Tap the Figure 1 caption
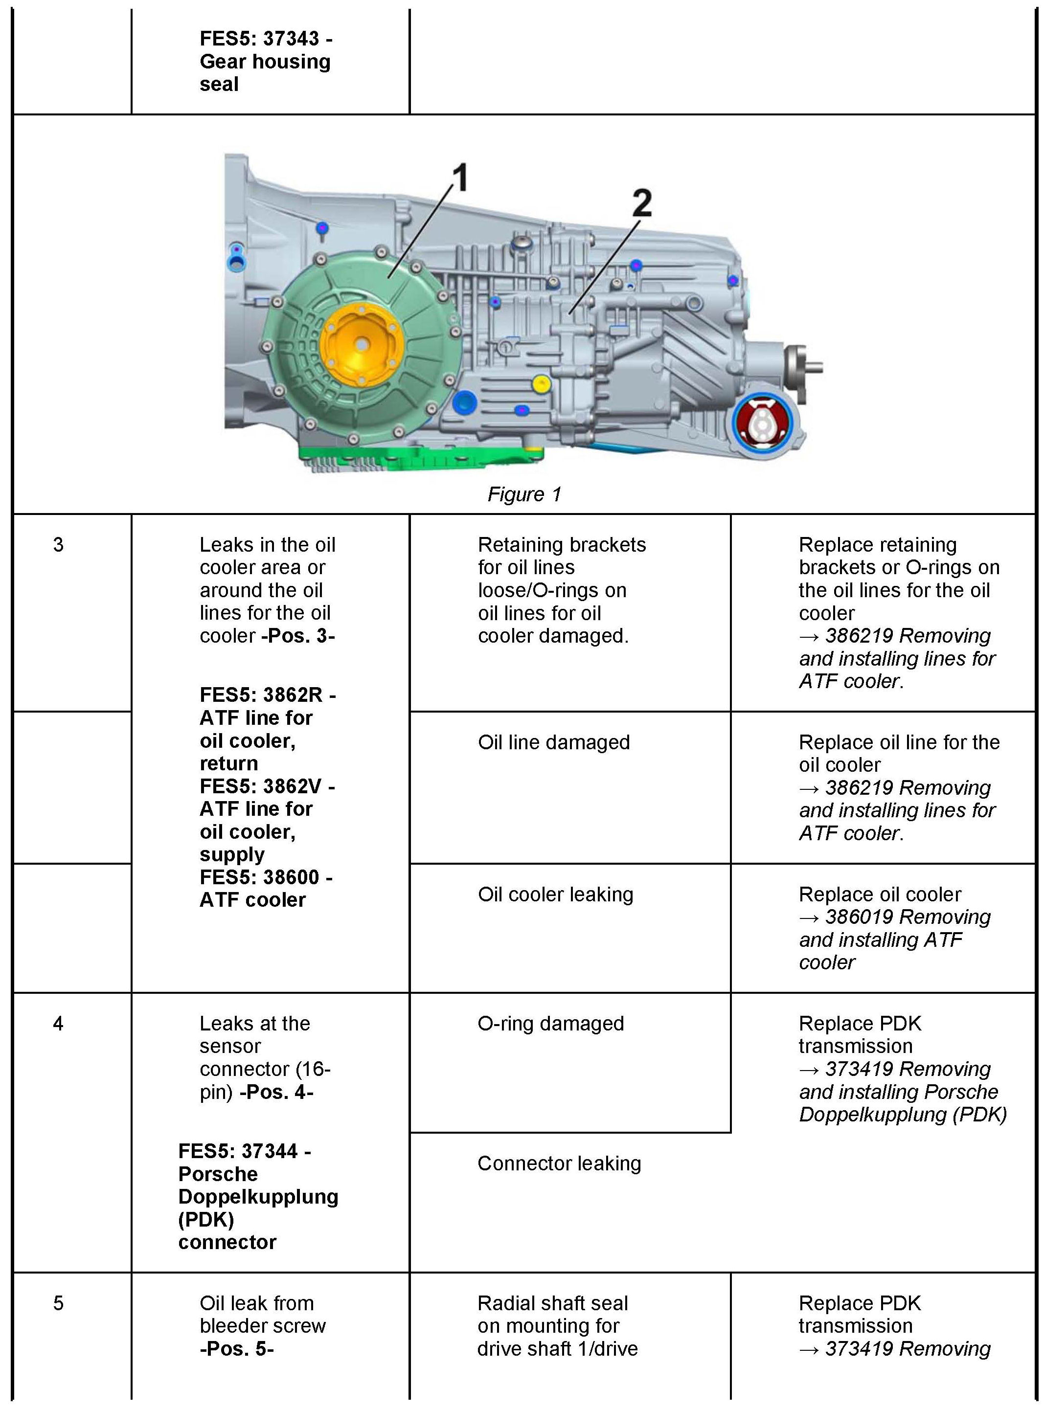tap(524, 494)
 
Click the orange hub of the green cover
tap(361, 345)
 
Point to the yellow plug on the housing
tap(541, 383)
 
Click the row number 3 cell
tap(58, 545)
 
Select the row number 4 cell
tap(58, 1024)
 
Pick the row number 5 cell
tap(58, 1303)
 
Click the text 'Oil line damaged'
tap(554, 742)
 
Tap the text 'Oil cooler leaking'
tap(555, 894)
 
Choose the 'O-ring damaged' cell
tap(550, 1024)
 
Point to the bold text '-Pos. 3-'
tap(298, 636)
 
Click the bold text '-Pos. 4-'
tap(276, 1092)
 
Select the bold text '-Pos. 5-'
tap(236, 1348)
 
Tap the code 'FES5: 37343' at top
tap(260, 39)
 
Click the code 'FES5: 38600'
tap(260, 877)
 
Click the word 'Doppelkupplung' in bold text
tap(258, 1197)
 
